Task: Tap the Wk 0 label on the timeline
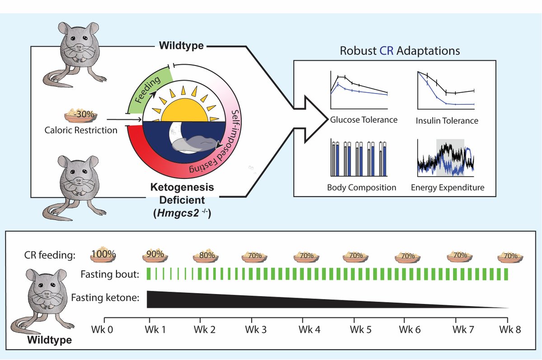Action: click(x=104, y=330)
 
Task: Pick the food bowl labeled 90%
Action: click(x=155, y=255)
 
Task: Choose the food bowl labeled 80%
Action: click(x=207, y=256)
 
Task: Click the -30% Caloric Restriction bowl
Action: click(x=82, y=116)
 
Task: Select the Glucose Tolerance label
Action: click(x=363, y=120)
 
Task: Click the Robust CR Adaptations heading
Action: click(x=400, y=50)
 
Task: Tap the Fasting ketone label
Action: click(x=104, y=299)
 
